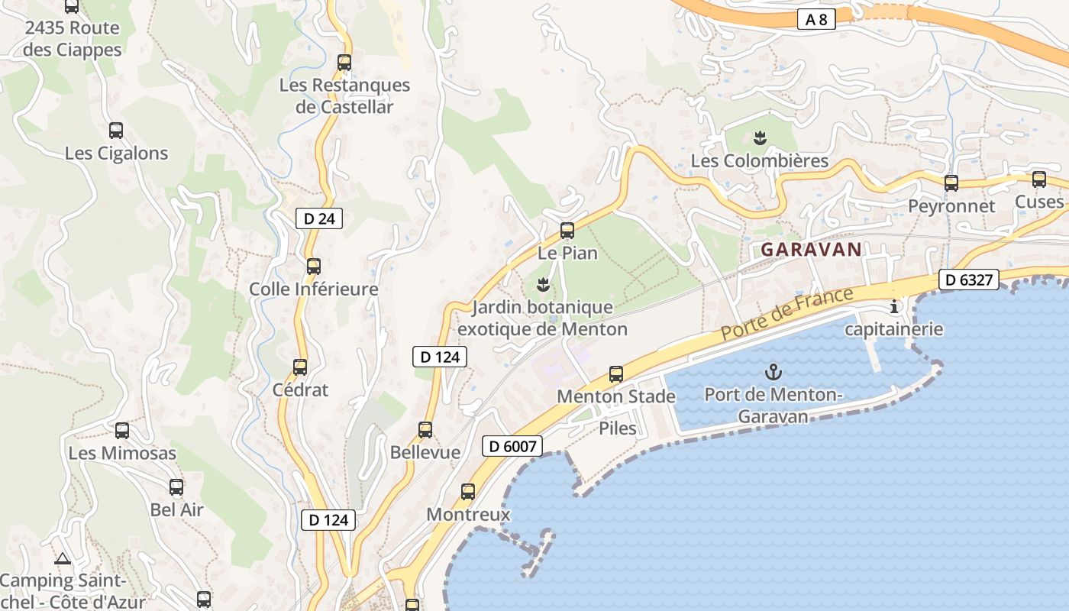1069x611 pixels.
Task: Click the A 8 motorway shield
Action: (x=815, y=19)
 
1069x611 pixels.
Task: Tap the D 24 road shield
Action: (x=318, y=218)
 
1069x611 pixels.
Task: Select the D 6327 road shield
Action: (x=968, y=280)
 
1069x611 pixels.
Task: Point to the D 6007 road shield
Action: (x=512, y=446)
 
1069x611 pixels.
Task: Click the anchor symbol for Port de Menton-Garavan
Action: (x=773, y=373)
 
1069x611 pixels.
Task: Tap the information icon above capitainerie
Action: (x=894, y=307)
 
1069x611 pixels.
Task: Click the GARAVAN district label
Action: (x=811, y=249)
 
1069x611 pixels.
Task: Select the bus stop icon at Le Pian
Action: (x=567, y=230)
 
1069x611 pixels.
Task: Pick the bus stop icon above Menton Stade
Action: (x=615, y=374)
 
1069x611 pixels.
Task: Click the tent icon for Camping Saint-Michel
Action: (x=63, y=558)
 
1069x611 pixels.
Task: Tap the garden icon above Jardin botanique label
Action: (x=542, y=286)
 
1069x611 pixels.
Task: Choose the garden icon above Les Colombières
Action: (x=759, y=138)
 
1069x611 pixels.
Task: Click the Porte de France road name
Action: (x=786, y=313)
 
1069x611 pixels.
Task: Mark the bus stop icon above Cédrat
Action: (x=300, y=367)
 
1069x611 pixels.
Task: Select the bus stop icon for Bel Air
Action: (x=176, y=487)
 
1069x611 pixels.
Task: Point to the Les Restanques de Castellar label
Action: (x=344, y=95)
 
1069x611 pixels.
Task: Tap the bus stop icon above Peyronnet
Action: (x=951, y=183)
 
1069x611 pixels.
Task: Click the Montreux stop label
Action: (x=467, y=514)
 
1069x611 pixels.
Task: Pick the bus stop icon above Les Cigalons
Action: (x=116, y=131)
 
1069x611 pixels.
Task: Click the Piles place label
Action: (x=617, y=428)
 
